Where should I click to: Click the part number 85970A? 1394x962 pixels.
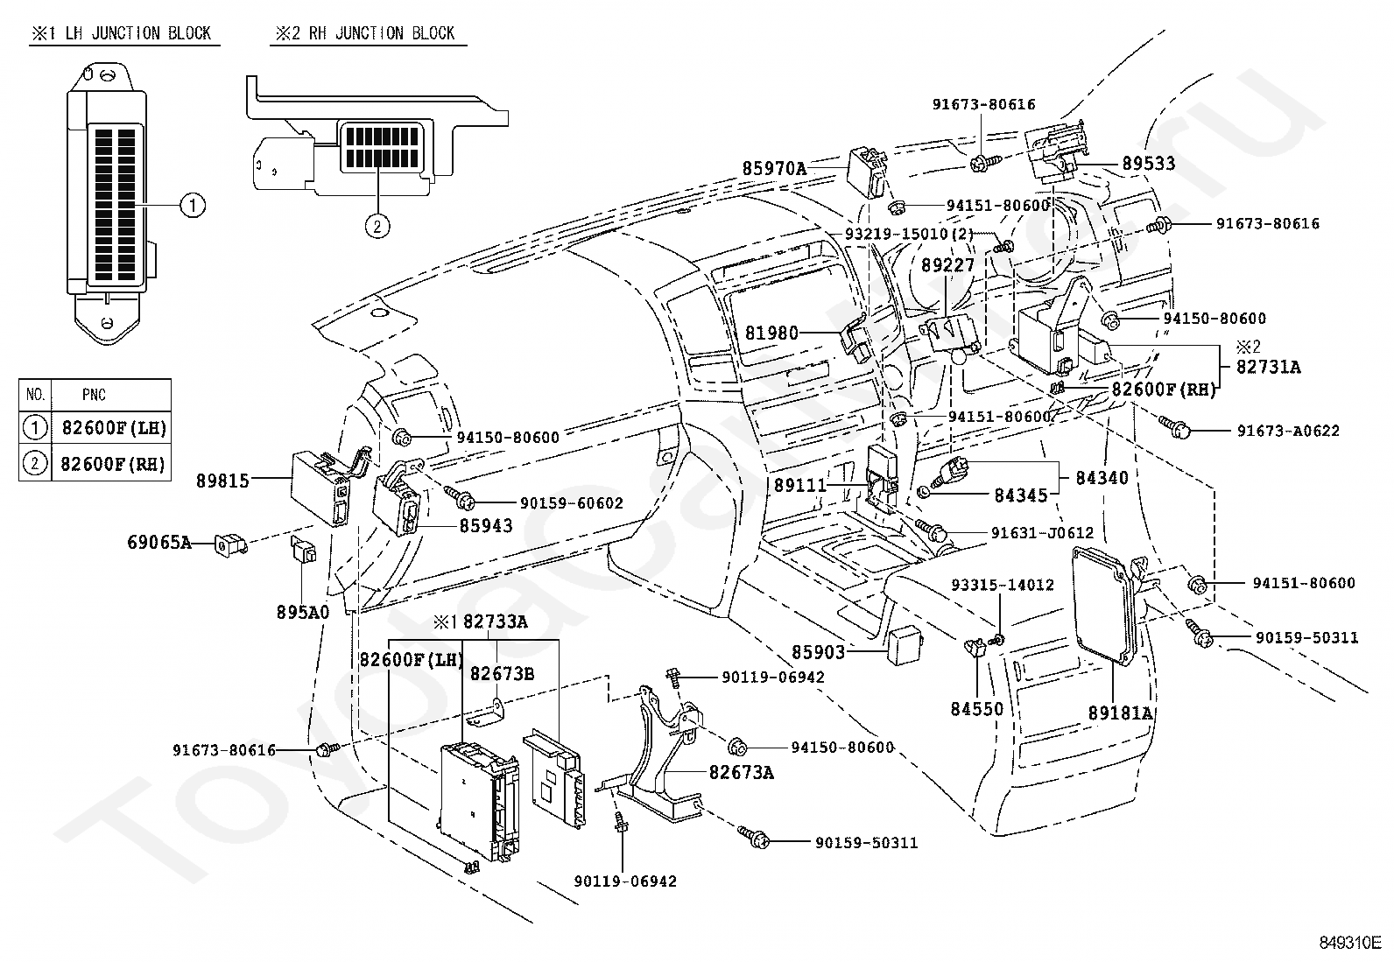point(773,168)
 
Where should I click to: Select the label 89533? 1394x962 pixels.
point(1149,164)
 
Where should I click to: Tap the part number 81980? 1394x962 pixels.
point(771,333)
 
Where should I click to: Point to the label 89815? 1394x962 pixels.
point(222,481)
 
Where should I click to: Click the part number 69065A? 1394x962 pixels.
point(159,542)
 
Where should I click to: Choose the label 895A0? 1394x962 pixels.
point(303,612)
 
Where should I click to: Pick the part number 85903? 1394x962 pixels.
point(819,652)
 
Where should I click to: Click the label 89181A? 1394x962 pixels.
point(1120,713)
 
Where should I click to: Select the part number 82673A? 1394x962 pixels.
point(742,773)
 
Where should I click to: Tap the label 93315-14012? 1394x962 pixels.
point(1003,585)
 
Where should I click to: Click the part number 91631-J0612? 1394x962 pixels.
point(1042,533)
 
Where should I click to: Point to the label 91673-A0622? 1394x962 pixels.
point(1288,431)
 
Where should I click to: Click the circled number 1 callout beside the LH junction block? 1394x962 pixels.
point(193,206)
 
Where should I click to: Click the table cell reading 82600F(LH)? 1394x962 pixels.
point(115,427)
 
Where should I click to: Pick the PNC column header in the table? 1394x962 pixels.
point(94,395)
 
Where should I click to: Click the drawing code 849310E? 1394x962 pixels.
point(1350,943)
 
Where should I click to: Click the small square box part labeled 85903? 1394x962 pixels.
point(905,646)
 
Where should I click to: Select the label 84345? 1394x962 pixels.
point(1021,495)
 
